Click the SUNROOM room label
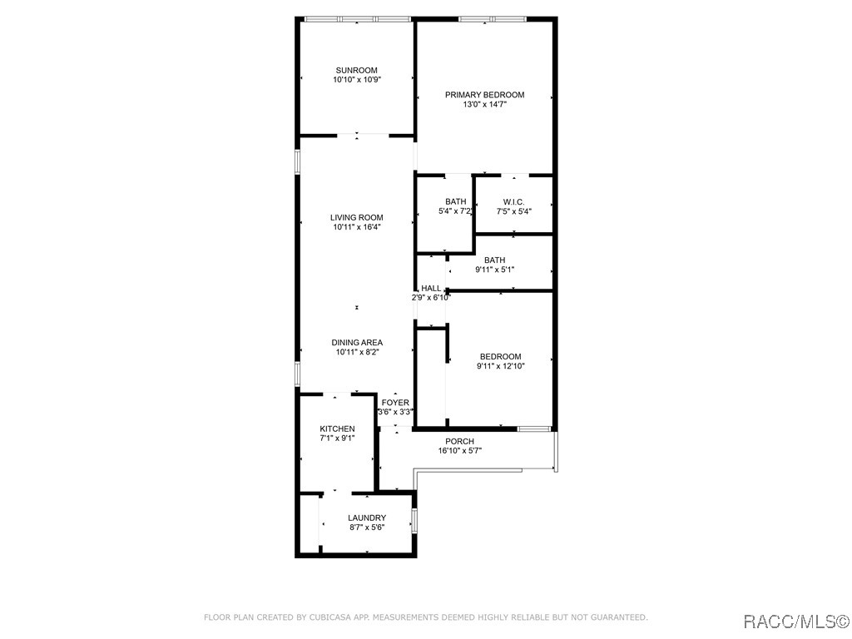356,70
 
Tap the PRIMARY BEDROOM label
484,95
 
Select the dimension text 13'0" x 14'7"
484,105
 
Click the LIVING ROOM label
356,218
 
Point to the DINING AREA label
357,343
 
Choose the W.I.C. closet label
513,202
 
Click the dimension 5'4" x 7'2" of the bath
455,211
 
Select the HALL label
431,288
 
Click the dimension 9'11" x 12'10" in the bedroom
500,366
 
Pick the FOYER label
395,403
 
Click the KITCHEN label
337,428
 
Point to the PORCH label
459,441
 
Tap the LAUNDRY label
367,518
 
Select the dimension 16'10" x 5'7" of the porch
459,451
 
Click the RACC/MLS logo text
794,621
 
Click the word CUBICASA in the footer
332,617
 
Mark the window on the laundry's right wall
414,521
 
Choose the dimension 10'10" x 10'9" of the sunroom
356,80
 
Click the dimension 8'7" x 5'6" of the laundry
367,528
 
